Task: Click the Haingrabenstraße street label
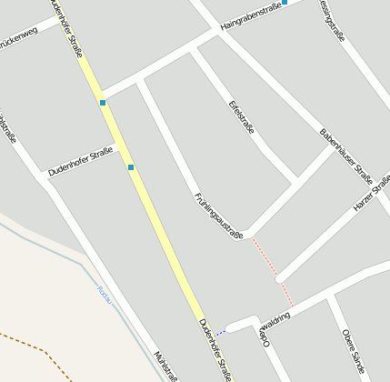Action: pyautogui.click(x=250, y=14)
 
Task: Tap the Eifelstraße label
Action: pyautogui.click(x=242, y=116)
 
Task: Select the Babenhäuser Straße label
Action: pyautogui.click(x=346, y=156)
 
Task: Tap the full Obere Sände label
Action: pyautogui.click(x=354, y=352)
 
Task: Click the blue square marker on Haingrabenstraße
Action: pyautogui.click(x=285, y=2)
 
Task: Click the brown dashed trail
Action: pyautogui.click(x=36, y=351)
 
